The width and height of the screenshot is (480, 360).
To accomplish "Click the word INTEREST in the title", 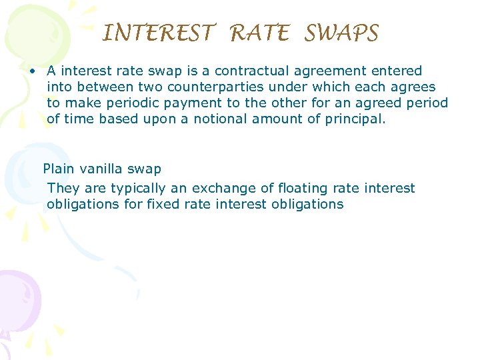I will (x=159, y=33).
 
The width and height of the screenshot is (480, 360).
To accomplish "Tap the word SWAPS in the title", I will (x=341, y=33).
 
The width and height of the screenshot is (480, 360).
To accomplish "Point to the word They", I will (x=63, y=189).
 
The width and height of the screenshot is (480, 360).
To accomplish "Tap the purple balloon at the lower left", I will (x=17, y=300).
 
